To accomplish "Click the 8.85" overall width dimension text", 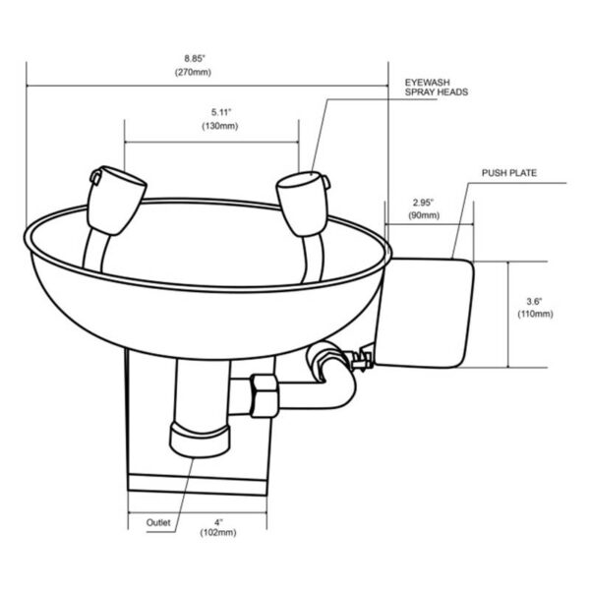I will pos(207,57).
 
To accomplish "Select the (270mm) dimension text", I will pos(207,73).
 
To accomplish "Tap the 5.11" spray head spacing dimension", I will pos(210,113).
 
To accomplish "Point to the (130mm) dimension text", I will pos(210,129).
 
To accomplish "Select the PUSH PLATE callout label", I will pos(507,173).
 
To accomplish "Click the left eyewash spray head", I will pos(116,194).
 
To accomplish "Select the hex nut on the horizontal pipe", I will pos(265,394).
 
